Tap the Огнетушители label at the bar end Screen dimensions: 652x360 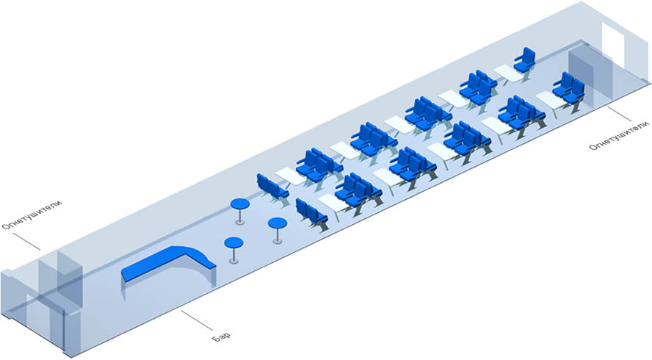coord(32,215)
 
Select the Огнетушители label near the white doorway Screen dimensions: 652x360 coord(619,135)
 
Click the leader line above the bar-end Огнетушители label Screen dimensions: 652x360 coord(26,242)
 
